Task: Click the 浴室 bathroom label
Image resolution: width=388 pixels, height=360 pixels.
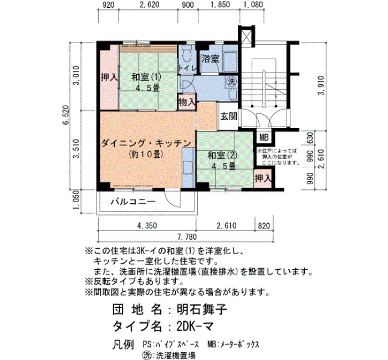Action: [210, 59]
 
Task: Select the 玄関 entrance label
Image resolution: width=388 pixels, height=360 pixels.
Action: [229, 116]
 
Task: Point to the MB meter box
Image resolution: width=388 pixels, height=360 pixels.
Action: [264, 137]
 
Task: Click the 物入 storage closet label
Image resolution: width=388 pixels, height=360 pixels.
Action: [187, 101]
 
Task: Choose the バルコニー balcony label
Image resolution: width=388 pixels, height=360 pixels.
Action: [133, 202]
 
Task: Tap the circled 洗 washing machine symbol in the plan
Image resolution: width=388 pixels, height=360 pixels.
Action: [231, 81]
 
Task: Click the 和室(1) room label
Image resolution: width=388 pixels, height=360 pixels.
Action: [146, 77]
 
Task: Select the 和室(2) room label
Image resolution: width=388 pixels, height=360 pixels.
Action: [222, 155]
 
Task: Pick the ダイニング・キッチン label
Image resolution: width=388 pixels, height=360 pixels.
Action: [146, 143]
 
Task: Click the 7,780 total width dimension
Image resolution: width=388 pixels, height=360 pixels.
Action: [187, 236]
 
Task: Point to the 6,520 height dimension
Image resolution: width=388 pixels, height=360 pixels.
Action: [66, 115]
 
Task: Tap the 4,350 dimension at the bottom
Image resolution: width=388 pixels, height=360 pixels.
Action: [147, 225]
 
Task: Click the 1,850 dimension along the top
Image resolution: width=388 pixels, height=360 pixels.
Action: [219, 4]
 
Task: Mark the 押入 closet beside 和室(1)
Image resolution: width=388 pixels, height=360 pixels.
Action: [109, 77]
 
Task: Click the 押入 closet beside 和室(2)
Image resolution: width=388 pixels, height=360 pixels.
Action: [263, 178]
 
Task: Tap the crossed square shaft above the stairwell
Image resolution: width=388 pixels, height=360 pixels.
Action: [247, 37]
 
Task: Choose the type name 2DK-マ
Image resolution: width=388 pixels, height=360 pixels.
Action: [195, 327]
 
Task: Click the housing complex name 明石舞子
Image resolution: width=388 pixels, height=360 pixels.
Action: [202, 309]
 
